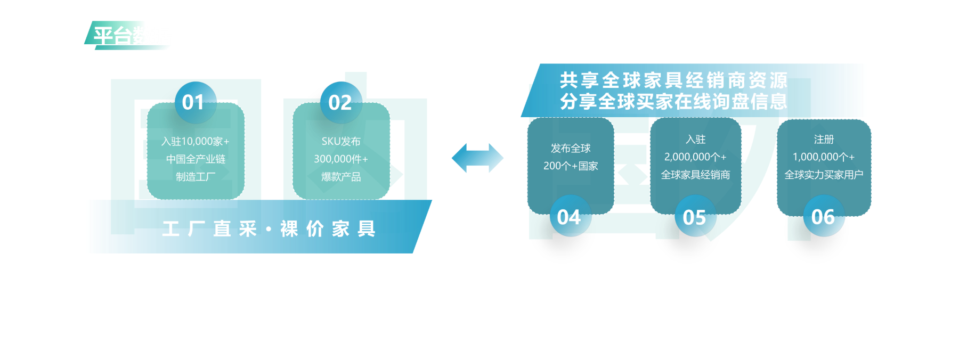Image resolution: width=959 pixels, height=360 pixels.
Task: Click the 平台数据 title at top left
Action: pyautogui.click(x=132, y=36)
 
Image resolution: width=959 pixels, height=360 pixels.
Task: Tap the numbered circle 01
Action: pyautogui.click(x=194, y=102)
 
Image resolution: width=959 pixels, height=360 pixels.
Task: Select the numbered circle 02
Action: pyautogui.click(x=340, y=102)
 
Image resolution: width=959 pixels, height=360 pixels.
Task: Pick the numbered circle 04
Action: pyautogui.click(x=569, y=217)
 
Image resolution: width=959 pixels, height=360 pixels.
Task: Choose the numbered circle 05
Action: pyautogui.click(x=694, y=217)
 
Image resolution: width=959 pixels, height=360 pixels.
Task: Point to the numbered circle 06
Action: pyautogui.click(x=823, y=217)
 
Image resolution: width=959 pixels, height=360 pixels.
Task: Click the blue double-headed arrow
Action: pyautogui.click(x=477, y=158)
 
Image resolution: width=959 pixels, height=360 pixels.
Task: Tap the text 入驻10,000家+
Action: pyautogui.click(x=196, y=142)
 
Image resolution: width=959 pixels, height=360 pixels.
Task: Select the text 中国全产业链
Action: pyautogui.click(x=196, y=159)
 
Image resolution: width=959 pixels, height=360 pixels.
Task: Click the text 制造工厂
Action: pyautogui.click(x=196, y=177)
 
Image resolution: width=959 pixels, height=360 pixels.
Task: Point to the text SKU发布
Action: pyautogui.click(x=341, y=142)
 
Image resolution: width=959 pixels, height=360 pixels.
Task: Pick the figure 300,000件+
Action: pyautogui.click(x=341, y=159)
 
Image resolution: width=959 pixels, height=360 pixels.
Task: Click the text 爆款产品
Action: pyautogui.click(x=341, y=177)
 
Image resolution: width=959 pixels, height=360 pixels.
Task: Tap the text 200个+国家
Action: pyautogui.click(x=571, y=166)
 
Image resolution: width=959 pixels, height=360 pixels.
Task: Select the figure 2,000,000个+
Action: pyautogui.click(x=695, y=157)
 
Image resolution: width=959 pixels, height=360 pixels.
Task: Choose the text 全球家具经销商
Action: pyautogui.click(x=695, y=175)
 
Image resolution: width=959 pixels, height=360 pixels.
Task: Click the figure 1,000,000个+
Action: pyautogui.click(x=824, y=157)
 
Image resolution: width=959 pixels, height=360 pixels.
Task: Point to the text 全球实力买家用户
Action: pyautogui.click(x=824, y=175)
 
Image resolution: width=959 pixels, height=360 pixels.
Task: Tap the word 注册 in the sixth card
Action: pyautogui.click(x=824, y=140)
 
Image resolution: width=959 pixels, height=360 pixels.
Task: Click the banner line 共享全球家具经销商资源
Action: pyautogui.click(x=673, y=80)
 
